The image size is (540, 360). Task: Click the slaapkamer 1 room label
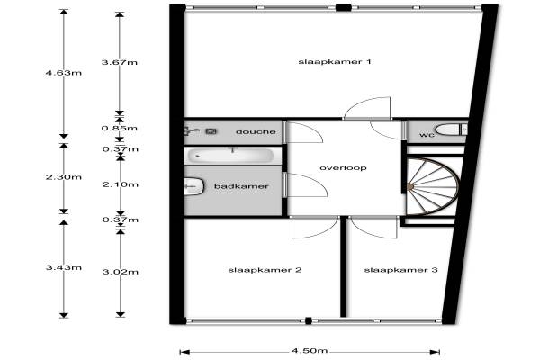[x=323, y=61]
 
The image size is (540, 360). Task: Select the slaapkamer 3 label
[x=388, y=270]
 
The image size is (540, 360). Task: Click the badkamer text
[x=237, y=186]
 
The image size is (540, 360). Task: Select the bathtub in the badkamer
[x=230, y=155]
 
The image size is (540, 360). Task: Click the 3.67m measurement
[x=120, y=62]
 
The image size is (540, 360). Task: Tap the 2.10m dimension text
[x=120, y=184]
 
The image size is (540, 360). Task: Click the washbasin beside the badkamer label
[x=192, y=187]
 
